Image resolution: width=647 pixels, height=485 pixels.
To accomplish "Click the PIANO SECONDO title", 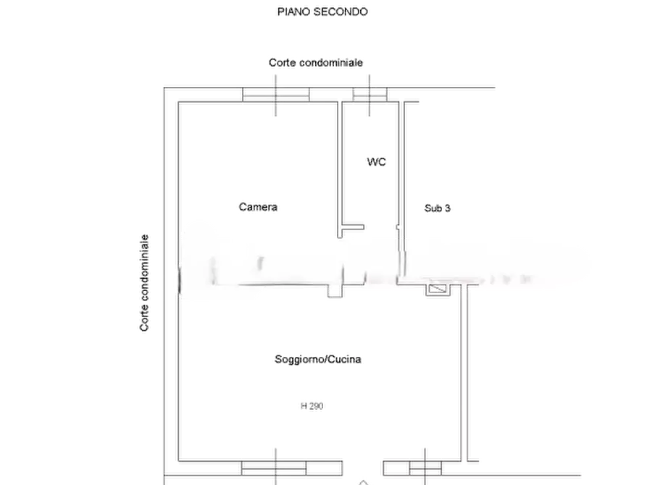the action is click(x=322, y=12).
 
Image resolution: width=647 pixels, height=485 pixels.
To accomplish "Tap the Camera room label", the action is click(x=258, y=206).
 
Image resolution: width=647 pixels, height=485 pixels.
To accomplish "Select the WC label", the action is click(x=376, y=161).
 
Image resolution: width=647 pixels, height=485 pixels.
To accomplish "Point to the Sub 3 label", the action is click(x=438, y=208).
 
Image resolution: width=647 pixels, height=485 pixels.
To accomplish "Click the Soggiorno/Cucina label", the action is click(x=318, y=359).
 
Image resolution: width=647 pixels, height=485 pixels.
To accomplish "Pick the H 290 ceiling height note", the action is click(x=312, y=406).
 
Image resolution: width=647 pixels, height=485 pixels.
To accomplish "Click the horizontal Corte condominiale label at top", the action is click(x=316, y=63).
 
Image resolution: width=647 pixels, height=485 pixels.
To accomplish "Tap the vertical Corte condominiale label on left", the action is click(x=144, y=283).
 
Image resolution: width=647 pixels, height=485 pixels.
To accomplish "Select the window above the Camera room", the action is click(x=276, y=95).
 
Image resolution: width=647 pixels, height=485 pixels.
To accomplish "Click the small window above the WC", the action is click(x=370, y=95).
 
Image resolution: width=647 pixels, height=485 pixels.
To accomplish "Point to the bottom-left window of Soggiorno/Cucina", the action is click(x=274, y=468).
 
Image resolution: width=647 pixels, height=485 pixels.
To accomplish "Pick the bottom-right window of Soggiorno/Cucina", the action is click(x=425, y=468).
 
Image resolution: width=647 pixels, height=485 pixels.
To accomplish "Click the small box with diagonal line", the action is click(x=438, y=290).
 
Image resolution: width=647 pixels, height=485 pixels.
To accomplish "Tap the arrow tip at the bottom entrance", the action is click(x=363, y=481).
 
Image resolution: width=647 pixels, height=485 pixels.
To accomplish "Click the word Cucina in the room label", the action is click(x=345, y=359).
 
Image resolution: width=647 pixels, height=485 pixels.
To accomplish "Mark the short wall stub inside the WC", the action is click(x=353, y=227).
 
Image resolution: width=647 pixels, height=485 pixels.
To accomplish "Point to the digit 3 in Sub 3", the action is click(x=448, y=208).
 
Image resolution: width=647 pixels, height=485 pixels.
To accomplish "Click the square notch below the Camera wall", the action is click(x=335, y=291).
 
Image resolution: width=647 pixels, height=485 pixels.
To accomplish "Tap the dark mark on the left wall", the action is click(x=180, y=280).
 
